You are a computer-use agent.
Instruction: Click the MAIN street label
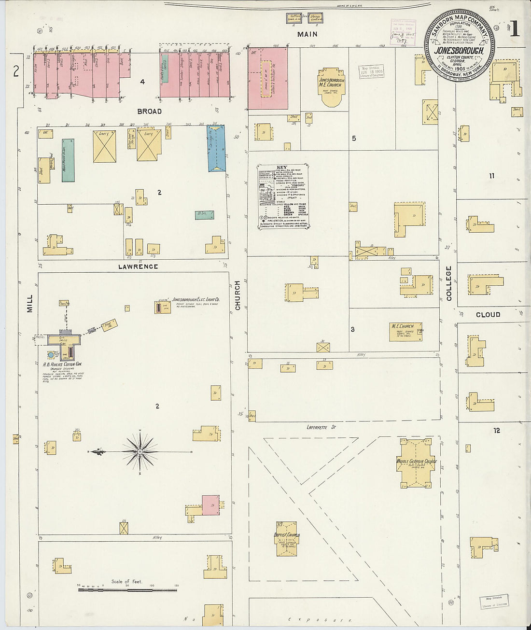[x=307, y=34]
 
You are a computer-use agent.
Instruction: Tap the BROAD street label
[x=150, y=112]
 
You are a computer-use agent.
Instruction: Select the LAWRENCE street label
[x=139, y=266]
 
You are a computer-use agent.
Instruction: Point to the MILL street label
[x=30, y=303]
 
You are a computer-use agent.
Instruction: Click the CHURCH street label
[x=238, y=295]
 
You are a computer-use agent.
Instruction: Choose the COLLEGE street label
[x=449, y=283]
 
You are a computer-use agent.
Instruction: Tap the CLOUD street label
[x=488, y=315]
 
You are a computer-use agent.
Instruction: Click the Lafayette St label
[x=321, y=427]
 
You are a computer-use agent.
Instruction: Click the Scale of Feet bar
[x=127, y=590]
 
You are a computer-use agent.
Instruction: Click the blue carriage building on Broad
[x=216, y=148]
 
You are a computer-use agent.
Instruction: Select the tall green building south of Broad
[x=68, y=160]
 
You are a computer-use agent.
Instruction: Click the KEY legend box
[x=283, y=196]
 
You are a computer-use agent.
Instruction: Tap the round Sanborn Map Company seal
[x=460, y=45]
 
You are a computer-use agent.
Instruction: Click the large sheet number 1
[x=515, y=29]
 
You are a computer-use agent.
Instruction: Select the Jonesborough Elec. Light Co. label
[x=196, y=300]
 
